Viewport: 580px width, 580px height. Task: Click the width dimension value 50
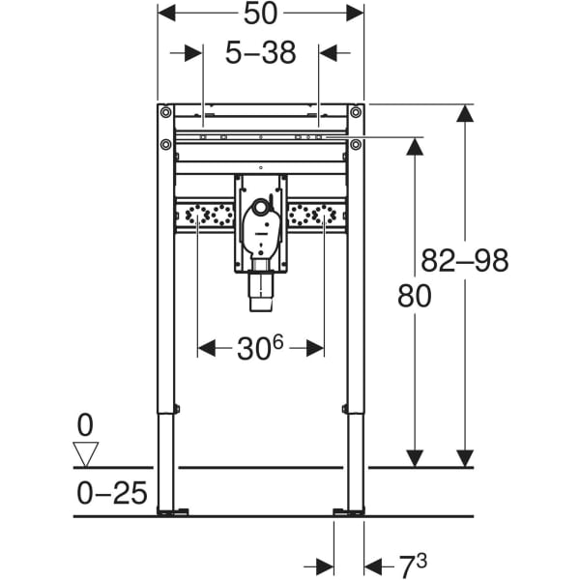260,14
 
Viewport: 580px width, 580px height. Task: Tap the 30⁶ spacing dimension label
260,348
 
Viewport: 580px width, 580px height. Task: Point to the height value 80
415,298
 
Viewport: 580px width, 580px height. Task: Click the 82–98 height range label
465,260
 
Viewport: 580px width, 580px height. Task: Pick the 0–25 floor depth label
112,494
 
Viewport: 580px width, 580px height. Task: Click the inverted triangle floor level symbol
88,453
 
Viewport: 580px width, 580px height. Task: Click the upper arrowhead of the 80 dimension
415,146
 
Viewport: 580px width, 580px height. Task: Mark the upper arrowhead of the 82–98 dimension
465,113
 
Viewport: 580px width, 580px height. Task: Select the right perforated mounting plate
317,217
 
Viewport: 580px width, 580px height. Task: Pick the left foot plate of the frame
170,510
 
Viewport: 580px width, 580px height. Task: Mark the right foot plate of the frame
349,510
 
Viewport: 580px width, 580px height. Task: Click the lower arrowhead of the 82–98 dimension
465,458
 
